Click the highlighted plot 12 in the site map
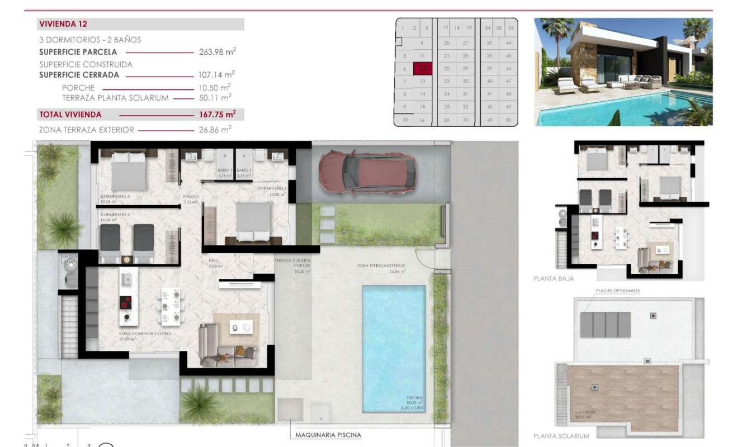click(423, 68)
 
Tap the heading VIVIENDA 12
click(63, 24)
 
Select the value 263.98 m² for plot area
click(217, 52)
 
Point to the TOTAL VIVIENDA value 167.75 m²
click(217, 114)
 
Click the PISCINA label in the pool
click(415, 398)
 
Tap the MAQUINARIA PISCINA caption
click(328, 435)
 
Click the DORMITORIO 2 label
click(115, 197)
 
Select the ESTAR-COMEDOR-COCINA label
click(129, 334)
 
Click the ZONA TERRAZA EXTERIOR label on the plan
click(380, 267)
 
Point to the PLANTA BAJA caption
click(553, 278)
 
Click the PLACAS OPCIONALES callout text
click(618, 291)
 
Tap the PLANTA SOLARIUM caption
click(561, 436)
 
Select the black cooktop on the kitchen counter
click(125, 302)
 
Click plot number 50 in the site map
click(508, 120)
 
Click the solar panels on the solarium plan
click(605, 325)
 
